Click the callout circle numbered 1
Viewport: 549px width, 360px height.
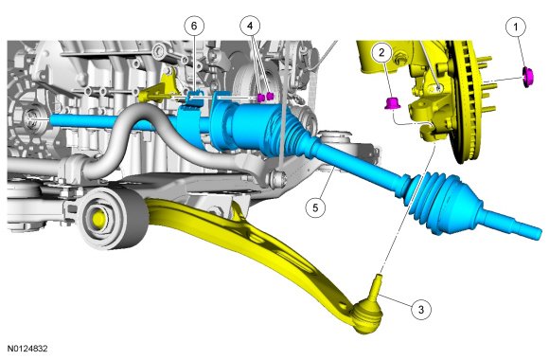click(x=516, y=27)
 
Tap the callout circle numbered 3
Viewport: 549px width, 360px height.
click(x=421, y=310)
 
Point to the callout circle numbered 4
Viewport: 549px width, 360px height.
click(x=250, y=26)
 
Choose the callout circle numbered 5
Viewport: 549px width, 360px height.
click(x=315, y=207)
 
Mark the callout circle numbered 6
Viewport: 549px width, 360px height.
click(x=194, y=26)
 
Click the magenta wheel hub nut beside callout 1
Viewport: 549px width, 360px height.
click(x=528, y=77)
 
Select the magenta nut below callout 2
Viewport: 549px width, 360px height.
click(x=391, y=103)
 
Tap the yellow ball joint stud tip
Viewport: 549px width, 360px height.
click(x=378, y=277)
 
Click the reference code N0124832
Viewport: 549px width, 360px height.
click(x=27, y=349)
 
